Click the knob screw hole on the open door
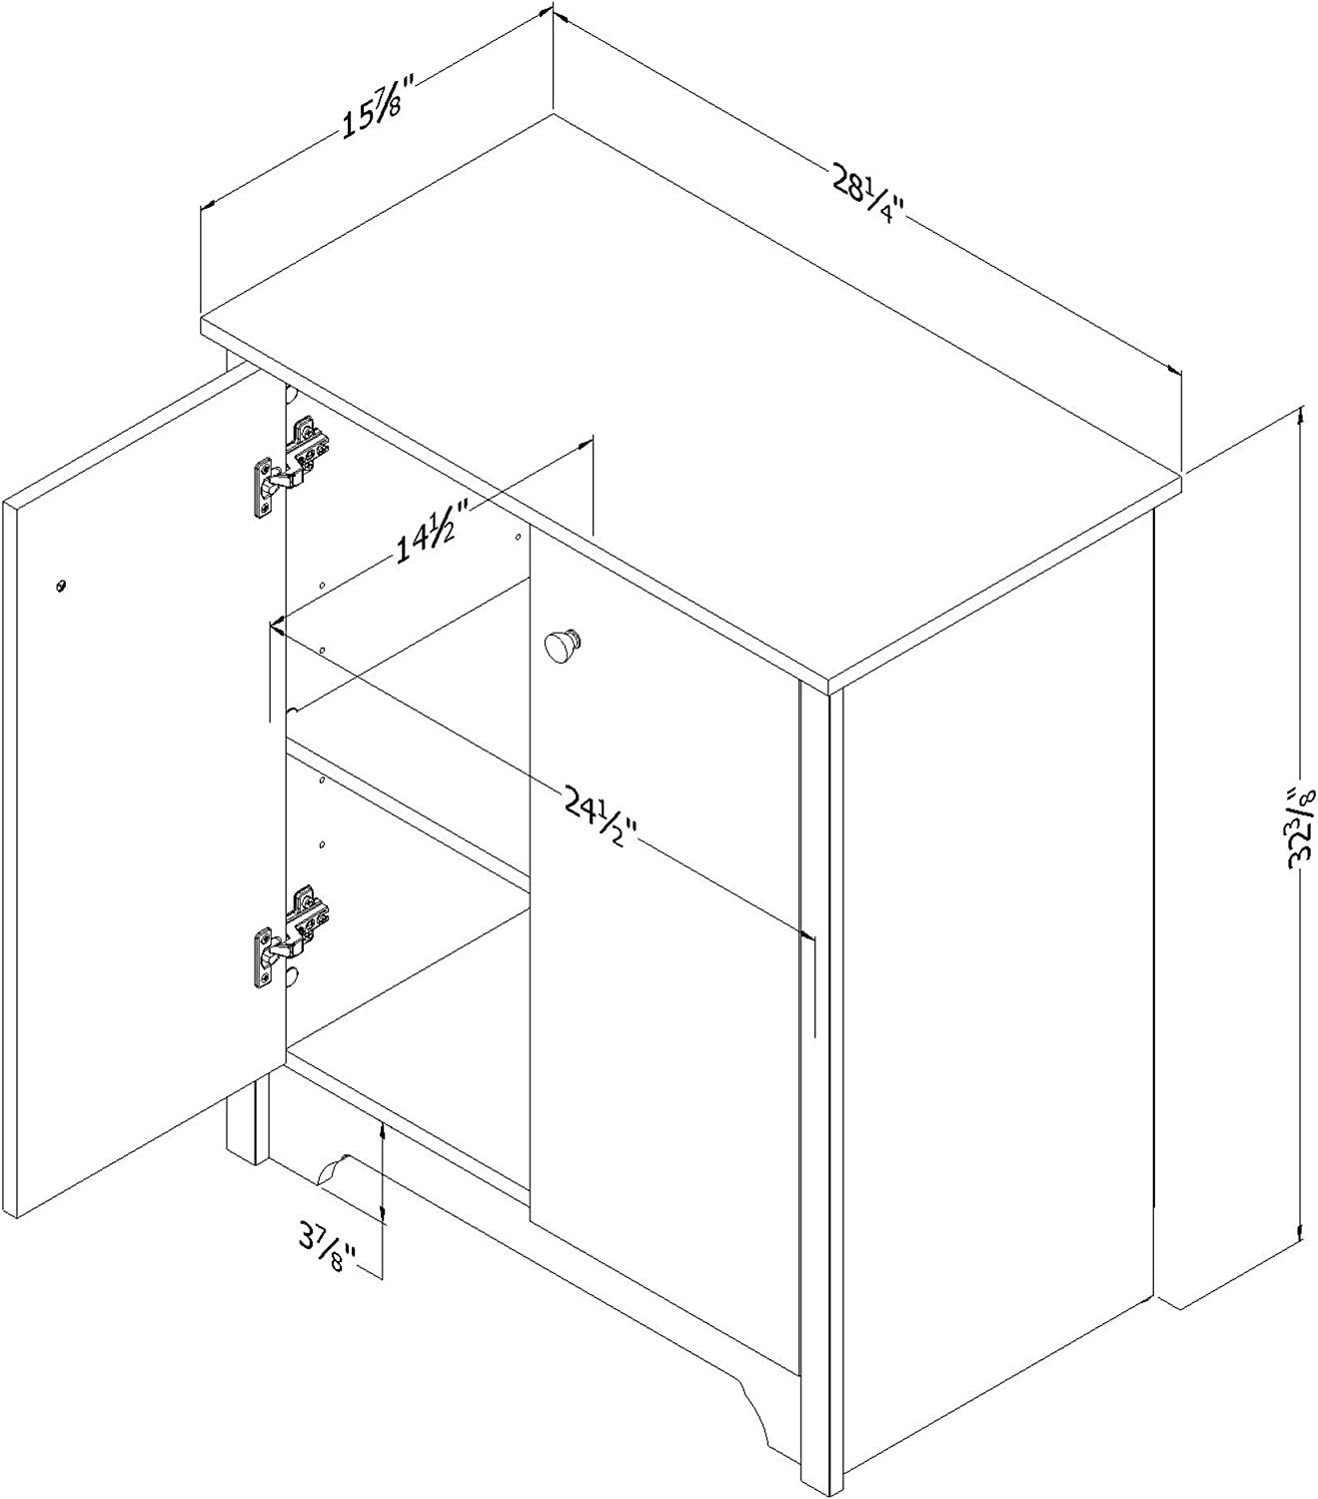(61, 584)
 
